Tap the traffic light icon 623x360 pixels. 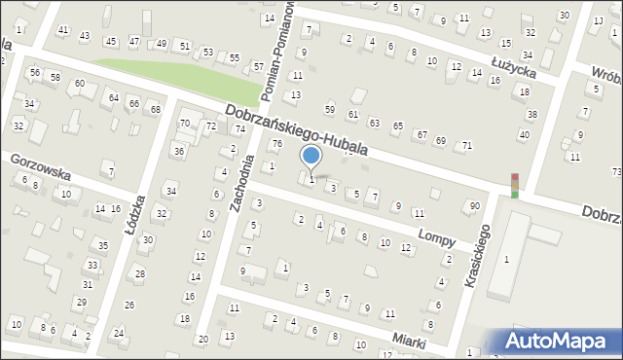click(514, 184)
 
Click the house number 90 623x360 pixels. click(474, 205)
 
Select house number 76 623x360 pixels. click(276, 144)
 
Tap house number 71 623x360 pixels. click(467, 145)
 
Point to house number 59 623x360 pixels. click(330, 109)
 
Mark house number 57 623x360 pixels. click(258, 66)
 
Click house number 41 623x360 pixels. click(63, 30)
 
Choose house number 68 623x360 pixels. click(155, 109)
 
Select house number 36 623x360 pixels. click(178, 151)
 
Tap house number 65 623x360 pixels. click(397, 126)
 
